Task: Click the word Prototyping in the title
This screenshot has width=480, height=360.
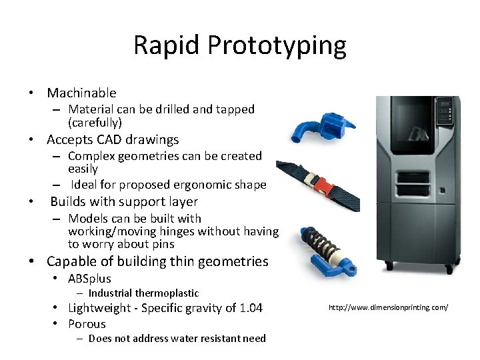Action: coord(277,46)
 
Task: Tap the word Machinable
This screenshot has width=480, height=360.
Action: coord(81,93)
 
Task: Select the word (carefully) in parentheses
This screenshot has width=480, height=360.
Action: coord(95,123)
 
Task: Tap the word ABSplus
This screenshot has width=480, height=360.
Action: coord(89,279)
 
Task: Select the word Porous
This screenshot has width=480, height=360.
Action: coord(87,324)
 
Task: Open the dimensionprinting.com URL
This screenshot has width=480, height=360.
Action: coord(388,307)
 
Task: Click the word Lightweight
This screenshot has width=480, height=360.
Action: coord(100,308)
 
